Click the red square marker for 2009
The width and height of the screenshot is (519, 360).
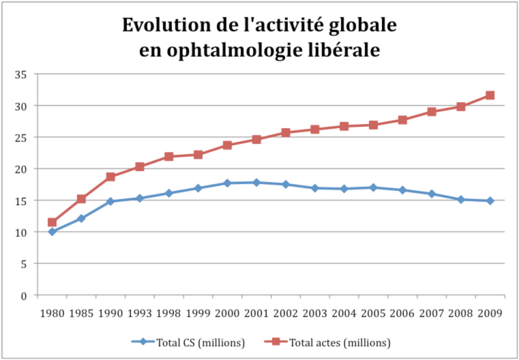point(490,95)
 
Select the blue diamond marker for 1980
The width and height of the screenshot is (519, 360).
point(52,232)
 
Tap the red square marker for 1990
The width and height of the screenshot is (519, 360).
point(110,177)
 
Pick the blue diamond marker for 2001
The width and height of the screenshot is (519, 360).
point(256,182)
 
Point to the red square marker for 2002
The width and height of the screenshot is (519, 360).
point(286,132)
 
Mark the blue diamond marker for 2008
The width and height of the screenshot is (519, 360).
point(461,200)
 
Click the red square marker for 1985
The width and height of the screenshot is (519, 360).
point(81,199)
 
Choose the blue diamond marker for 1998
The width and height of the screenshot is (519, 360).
point(168,193)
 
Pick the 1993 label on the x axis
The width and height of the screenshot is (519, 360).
point(140,313)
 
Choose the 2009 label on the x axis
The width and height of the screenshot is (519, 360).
point(490,313)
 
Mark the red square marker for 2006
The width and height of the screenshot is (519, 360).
point(402,120)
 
